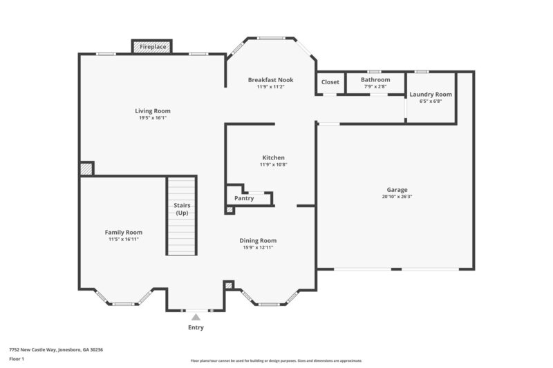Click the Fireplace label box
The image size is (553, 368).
152,47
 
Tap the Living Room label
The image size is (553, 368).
152,110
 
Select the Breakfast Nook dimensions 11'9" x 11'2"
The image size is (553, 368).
271,87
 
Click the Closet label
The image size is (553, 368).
330,82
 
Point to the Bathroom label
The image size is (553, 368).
375,79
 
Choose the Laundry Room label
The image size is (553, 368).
431,94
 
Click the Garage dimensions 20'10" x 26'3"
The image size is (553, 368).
397,196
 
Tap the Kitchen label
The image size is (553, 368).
273,157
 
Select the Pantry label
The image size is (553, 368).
244,198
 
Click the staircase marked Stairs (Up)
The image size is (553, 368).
182,215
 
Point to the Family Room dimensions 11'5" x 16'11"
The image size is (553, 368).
124,239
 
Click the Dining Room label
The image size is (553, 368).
258,240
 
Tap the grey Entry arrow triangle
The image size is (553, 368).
196,317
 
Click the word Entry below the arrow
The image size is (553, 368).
196,327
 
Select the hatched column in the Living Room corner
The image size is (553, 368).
86,168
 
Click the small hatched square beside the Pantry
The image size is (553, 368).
230,209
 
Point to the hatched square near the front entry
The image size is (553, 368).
229,284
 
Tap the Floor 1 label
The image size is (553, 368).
16,359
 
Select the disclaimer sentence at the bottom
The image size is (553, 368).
276,360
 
